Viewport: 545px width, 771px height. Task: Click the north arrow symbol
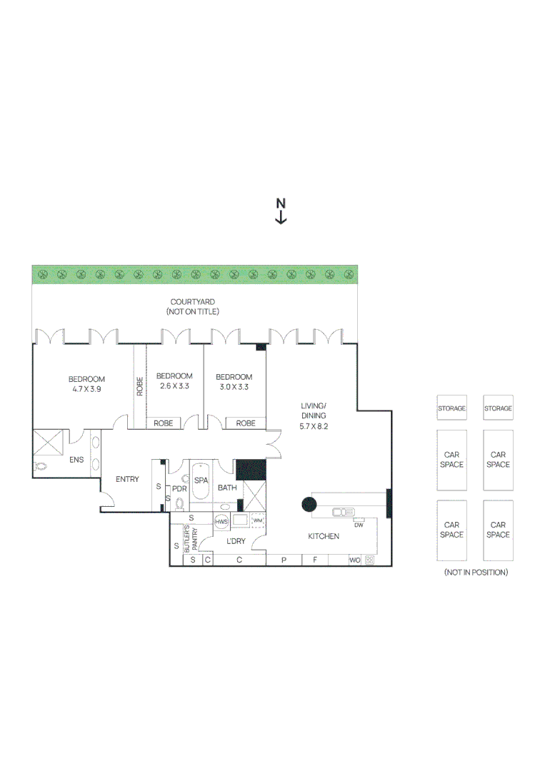coord(281,212)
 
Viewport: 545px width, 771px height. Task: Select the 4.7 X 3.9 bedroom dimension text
coord(86,389)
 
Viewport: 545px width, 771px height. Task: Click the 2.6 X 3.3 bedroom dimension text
coord(174,386)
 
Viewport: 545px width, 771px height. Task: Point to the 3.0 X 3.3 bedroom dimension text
coord(234,386)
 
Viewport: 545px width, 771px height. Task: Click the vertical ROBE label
coord(140,386)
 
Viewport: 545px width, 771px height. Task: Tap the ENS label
coord(76,460)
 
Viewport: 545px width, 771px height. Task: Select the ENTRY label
coord(127,479)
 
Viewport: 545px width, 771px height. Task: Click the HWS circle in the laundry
coord(221,522)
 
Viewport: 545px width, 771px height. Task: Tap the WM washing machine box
coord(257,520)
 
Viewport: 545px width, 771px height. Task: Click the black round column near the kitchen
coord(309,505)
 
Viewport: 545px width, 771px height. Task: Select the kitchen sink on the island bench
coord(344,511)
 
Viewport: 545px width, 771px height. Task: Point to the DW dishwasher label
coord(359,525)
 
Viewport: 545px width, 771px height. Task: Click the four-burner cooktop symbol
coord(370,560)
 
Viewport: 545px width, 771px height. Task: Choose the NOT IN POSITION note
coord(475,573)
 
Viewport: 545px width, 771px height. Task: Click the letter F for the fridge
coord(314,560)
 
